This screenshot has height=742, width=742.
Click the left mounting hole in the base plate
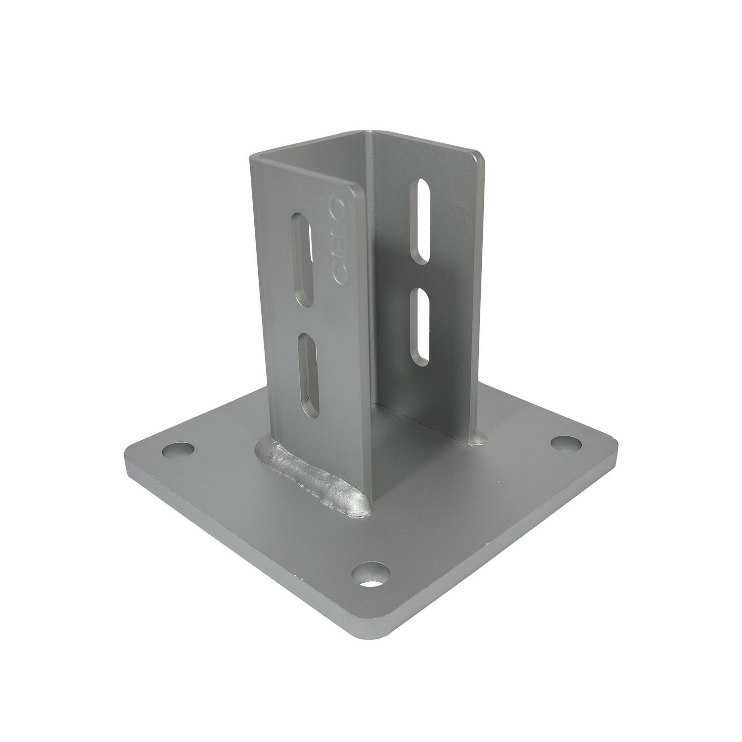click(178, 450)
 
